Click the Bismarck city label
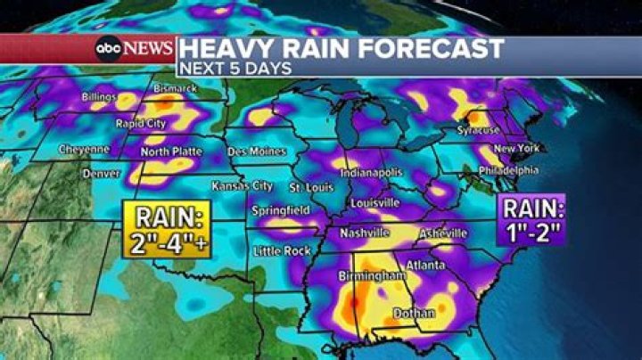175,90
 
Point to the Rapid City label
140,124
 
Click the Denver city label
101,174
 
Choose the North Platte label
171,151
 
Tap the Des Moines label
256,151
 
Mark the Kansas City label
242,185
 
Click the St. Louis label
312,188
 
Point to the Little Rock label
282,251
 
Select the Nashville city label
364,233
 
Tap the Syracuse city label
478,130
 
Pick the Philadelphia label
508,170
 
